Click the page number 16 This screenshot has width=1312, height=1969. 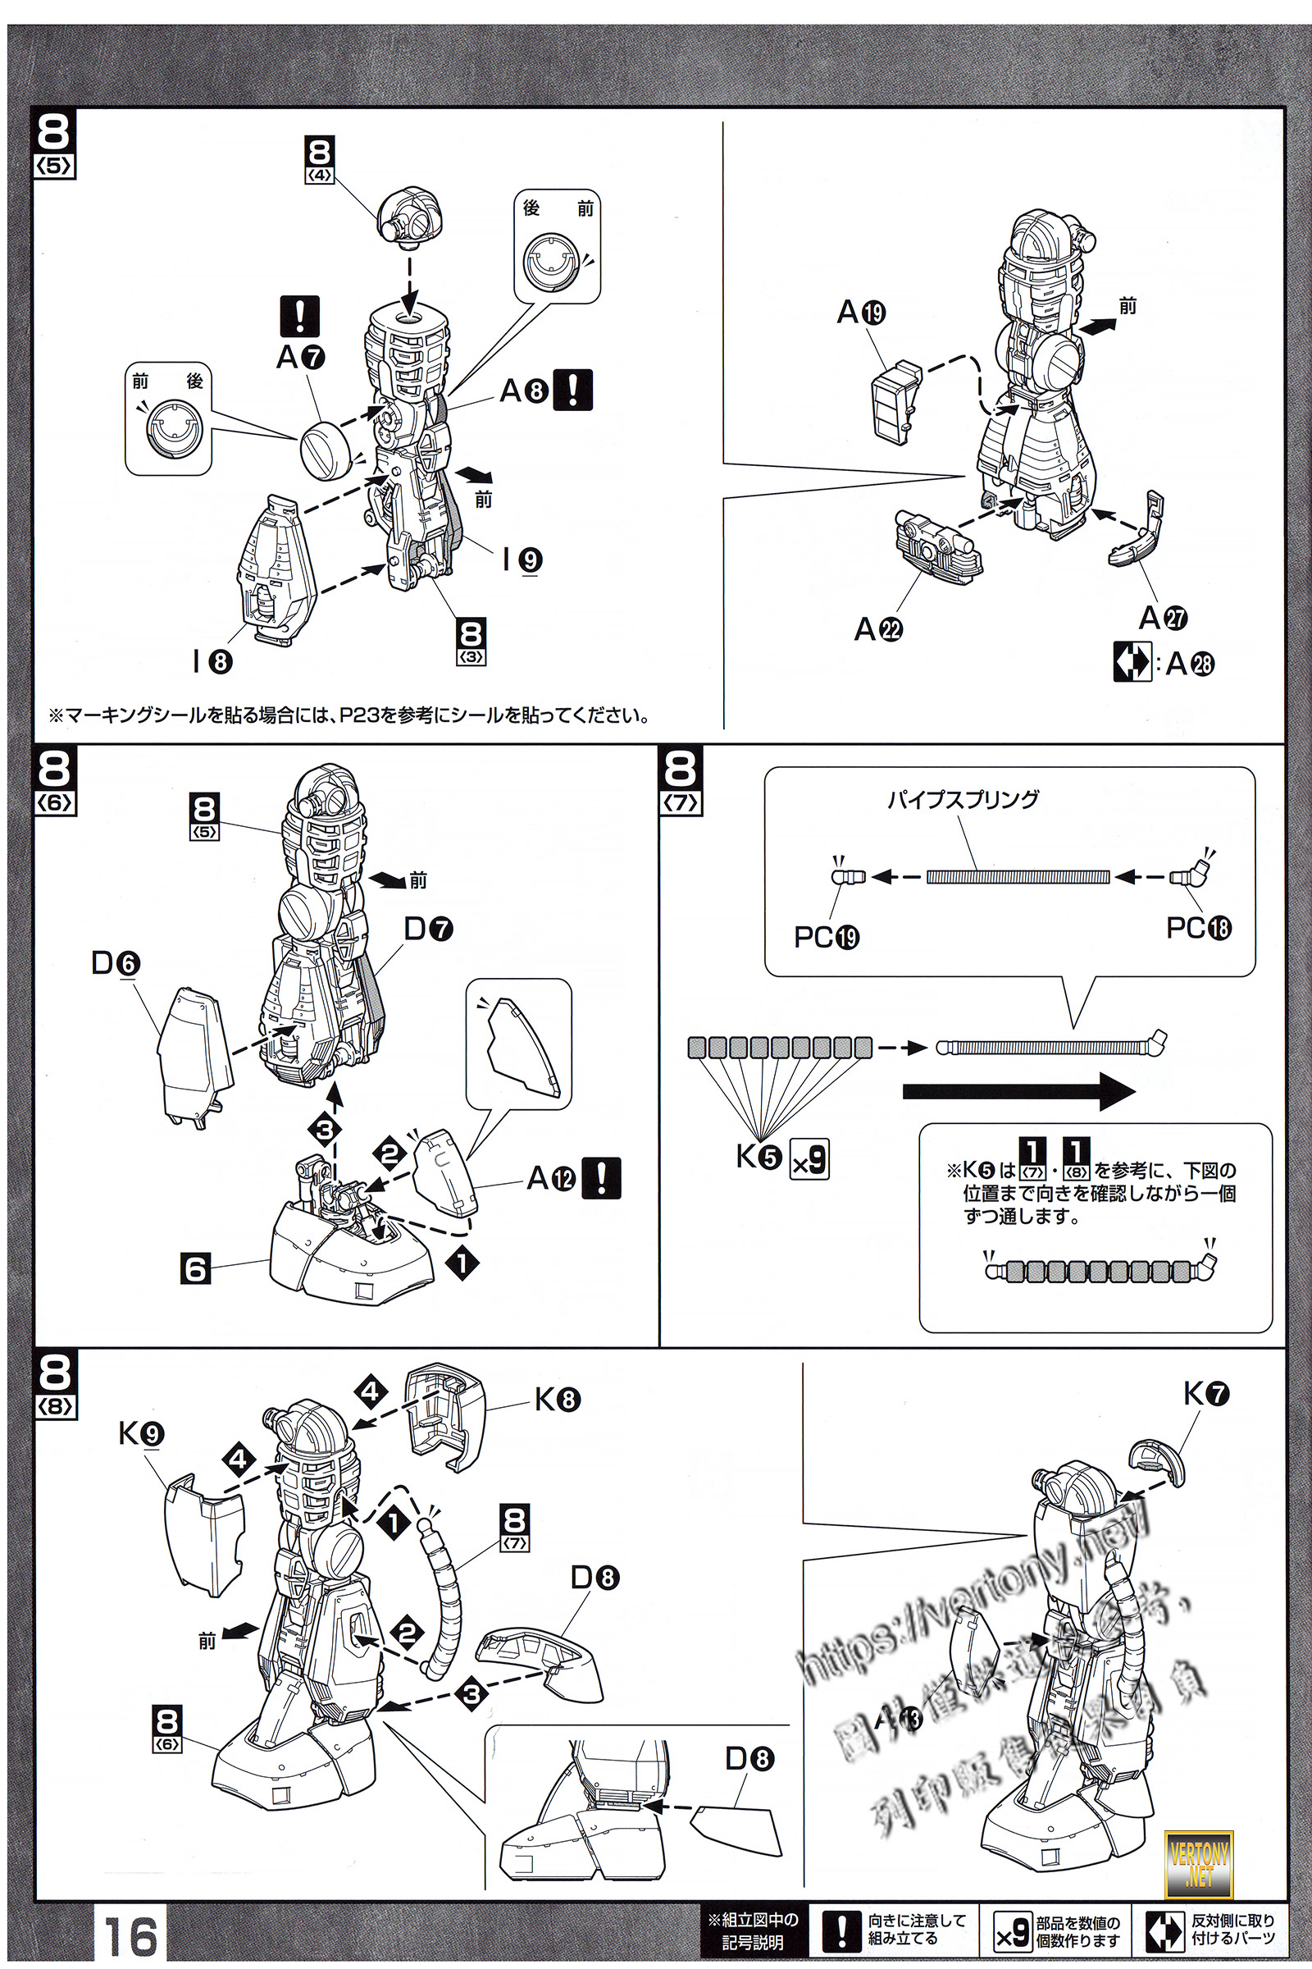coord(130,1935)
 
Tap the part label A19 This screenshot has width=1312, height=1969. coord(862,313)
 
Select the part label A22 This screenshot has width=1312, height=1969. coord(877,628)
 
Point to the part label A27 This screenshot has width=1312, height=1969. coord(1163,618)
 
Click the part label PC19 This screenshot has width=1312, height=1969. coord(827,937)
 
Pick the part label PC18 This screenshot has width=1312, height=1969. coord(1198,928)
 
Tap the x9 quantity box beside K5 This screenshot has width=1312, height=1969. coord(809,1159)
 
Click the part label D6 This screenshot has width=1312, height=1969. coord(116,963)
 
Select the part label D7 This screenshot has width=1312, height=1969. coord(428,929)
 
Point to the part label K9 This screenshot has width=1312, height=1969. coord(141,1433)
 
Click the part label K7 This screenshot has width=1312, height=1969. coord(1205,1394)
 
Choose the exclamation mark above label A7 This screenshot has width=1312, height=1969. coord(298,317)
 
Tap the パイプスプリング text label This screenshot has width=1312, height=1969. coord(963,799)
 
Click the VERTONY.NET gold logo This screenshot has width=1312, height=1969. coord(1198,1864)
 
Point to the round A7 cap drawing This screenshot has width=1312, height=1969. coord(326,450)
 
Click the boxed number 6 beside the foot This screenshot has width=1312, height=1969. coord(195,1268)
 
